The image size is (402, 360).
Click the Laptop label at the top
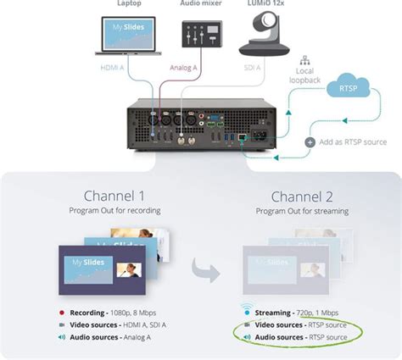[123, 3]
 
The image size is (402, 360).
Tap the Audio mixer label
[201, 3]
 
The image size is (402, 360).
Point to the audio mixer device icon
[201, 35]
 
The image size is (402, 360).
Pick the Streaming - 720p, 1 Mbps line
[299, 313]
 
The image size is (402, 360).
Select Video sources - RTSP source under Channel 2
[299, 325]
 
